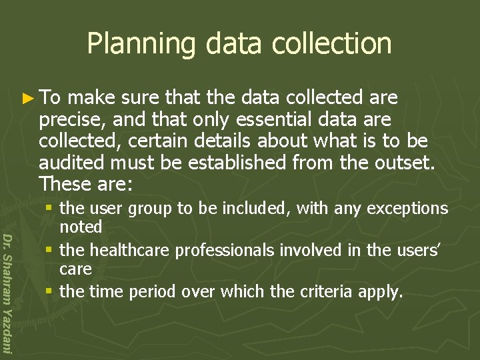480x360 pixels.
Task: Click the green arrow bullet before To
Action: (27, 99)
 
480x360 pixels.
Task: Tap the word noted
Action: (81, 227)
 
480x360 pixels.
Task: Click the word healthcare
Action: (127, 250)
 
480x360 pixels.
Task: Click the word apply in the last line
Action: (385, 291)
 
